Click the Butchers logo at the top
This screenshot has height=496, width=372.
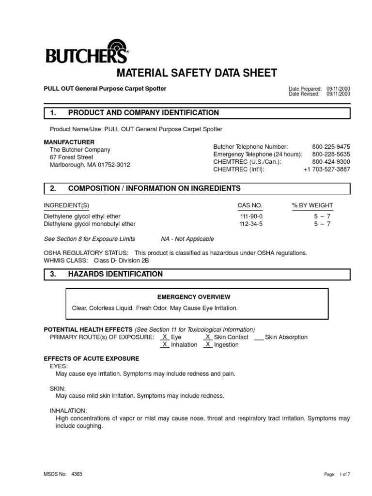[87, 52]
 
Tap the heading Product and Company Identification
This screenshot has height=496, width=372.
[143, 113]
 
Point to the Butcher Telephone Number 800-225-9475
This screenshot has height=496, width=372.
[331, 146]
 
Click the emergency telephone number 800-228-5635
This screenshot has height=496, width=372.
[331, 154]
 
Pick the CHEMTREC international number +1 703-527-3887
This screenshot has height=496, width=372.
[326, 169]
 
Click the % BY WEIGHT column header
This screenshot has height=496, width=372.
[312, 205]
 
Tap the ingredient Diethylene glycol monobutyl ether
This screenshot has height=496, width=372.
[90, 224]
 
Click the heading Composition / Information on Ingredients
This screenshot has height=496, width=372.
[154, 188]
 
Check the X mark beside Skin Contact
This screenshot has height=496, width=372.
[207, 337]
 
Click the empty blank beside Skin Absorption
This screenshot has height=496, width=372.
[259, 337]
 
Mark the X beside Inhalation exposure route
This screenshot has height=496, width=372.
[165, 344]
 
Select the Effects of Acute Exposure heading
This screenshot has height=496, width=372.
[92, 358]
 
